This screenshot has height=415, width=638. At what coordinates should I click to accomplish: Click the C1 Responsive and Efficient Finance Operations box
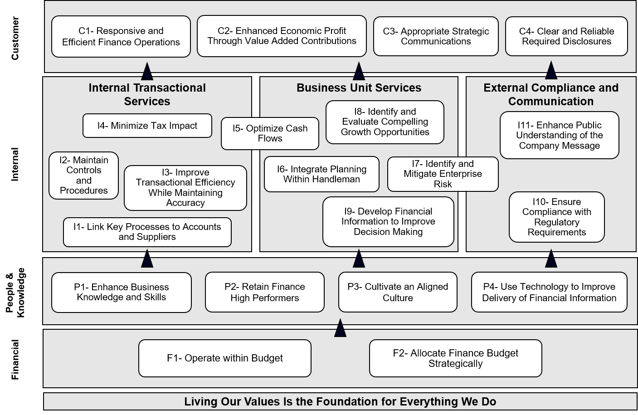(121, 37)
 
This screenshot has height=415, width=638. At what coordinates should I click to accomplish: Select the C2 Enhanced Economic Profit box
(282, 36)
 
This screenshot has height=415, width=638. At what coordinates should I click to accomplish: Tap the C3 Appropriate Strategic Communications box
(435, 36)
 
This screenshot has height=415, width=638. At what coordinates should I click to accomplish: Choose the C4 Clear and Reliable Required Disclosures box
(566, 36)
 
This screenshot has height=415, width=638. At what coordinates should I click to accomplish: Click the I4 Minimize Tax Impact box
(147, 126)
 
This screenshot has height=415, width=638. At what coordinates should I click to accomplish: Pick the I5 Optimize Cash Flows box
(270, 134)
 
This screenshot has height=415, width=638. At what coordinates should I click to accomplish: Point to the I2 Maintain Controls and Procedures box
(83, 175)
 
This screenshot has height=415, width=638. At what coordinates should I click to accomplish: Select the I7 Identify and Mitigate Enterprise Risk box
(443, 174)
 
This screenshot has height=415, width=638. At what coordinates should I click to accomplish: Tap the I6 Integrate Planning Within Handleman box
(321, 174)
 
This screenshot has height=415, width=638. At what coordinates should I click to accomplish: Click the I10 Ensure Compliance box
(556, 217)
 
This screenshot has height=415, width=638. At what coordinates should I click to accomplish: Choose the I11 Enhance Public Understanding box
(559, 135)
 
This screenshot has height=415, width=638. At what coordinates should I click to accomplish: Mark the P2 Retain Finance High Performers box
(264, 293)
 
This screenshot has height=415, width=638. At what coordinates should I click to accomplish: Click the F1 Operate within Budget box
(224, 358)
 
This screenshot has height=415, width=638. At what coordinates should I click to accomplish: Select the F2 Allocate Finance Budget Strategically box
(455, 358)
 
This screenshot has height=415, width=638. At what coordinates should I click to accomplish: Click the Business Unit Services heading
(359, 88)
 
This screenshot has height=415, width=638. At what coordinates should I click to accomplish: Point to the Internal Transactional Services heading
(147, 94)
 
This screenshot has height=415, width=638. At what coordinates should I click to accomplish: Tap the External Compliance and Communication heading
(550, 94)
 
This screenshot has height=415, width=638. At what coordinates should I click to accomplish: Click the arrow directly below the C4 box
(551, 71)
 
